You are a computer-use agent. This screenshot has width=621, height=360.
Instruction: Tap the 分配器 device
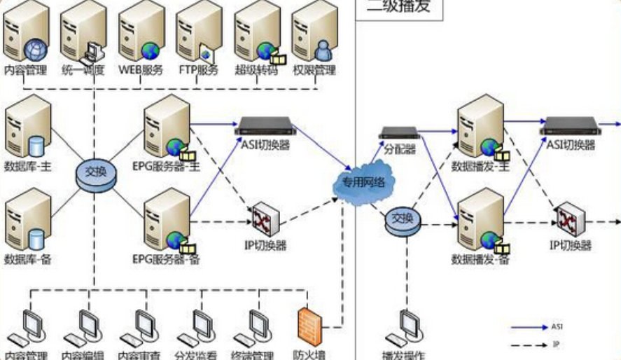pyautogui.click(x=398, y=133)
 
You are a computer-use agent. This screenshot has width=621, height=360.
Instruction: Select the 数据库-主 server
pyautogui.click(x=29, y=126)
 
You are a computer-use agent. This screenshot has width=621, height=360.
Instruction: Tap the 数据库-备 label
pyautogui.click(x=28, y=260)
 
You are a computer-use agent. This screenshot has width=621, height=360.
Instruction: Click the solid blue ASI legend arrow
pyautogui.click(x=529, y=326)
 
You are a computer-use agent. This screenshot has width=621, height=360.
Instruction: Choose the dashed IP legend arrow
pyautogui.click(x=529, y=345)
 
